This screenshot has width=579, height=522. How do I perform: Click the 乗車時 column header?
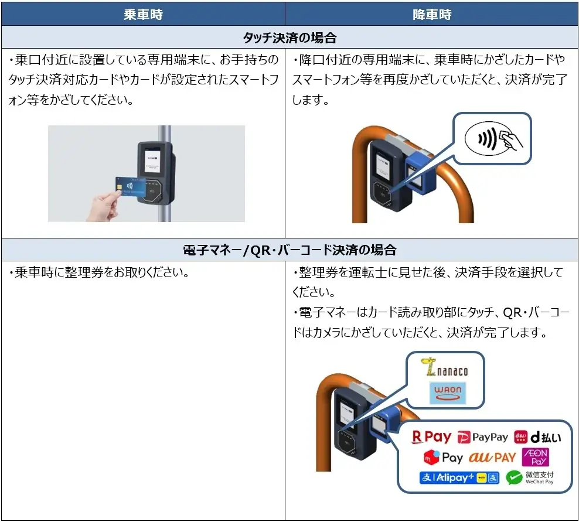[x=143, y=15]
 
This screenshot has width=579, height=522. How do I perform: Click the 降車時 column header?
[x=432, y=15]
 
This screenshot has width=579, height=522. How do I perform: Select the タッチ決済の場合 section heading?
[x=289, y=38]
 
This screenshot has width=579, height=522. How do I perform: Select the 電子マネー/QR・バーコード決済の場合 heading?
[x=289, y=250]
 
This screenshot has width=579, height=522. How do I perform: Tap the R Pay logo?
[x=432, y=436]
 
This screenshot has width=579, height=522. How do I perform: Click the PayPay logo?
[x=483, y=437]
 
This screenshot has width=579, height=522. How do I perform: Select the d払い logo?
[x=537, y=437]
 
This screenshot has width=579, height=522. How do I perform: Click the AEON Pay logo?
[x=535, y=457]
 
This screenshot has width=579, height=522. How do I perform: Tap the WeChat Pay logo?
[x=530, y=477]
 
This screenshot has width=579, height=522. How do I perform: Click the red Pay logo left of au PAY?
[x=443, y=457]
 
